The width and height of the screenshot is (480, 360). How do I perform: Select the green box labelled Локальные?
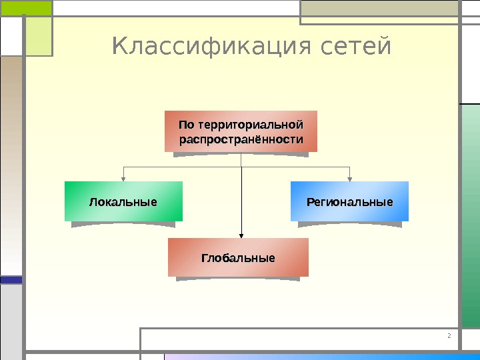pos(123,201)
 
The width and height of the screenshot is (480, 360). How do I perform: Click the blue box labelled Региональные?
pos(349,201)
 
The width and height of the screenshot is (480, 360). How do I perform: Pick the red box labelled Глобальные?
pos(238,257)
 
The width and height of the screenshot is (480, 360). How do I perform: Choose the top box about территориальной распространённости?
pos(241,132)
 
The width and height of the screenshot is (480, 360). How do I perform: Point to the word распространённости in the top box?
pos(241,140)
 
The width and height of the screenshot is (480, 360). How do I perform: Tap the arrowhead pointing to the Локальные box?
pos(123,178)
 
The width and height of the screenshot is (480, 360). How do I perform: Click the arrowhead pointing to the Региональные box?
pos(350,178)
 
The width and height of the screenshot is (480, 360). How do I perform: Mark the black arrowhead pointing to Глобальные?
pos(241,234)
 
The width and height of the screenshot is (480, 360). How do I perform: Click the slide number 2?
pos(449,335)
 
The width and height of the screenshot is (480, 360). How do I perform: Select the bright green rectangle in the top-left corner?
pos(26,7)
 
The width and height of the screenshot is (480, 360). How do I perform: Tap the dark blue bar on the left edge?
pos(11,281)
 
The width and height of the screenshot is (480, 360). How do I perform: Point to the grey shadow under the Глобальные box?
pos(238,279)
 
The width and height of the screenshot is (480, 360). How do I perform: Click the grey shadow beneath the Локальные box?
pos(123,224)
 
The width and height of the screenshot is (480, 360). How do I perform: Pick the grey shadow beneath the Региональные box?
pos(349,224)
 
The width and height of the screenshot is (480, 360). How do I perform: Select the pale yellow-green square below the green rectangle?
pos(39,37)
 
